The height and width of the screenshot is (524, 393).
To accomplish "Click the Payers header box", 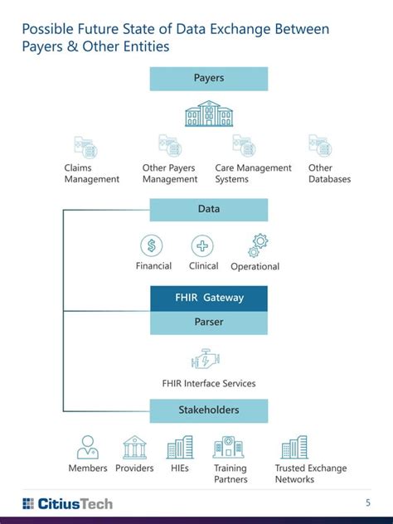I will click(209, 79).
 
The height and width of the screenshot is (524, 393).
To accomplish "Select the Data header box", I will click(209, 210).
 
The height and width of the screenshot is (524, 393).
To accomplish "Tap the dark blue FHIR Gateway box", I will click(209, 298).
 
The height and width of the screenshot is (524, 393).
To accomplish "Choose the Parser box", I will click(209, 323).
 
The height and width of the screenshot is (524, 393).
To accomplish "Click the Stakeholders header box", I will click(209, 410).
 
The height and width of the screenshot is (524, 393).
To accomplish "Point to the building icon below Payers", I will click(209, 114).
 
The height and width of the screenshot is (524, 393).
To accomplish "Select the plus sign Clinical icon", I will click(202, 245).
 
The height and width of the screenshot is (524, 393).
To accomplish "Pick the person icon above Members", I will click(87, 448).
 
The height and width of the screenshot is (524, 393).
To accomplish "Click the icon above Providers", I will click(134, 448).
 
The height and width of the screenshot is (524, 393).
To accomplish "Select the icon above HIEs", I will click(180, 448).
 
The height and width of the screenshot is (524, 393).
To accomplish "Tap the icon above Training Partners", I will click(229, 448).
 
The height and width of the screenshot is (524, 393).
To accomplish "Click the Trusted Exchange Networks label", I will click(311, 473).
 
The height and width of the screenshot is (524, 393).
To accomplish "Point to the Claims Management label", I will click(91, 173).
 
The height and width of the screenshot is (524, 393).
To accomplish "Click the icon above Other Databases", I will click(321, 147).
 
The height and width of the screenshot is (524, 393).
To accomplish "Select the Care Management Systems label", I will click(253, 173).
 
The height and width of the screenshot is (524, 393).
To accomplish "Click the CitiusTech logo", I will click(67, 503).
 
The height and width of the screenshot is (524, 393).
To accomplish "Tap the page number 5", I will click(368, 502).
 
